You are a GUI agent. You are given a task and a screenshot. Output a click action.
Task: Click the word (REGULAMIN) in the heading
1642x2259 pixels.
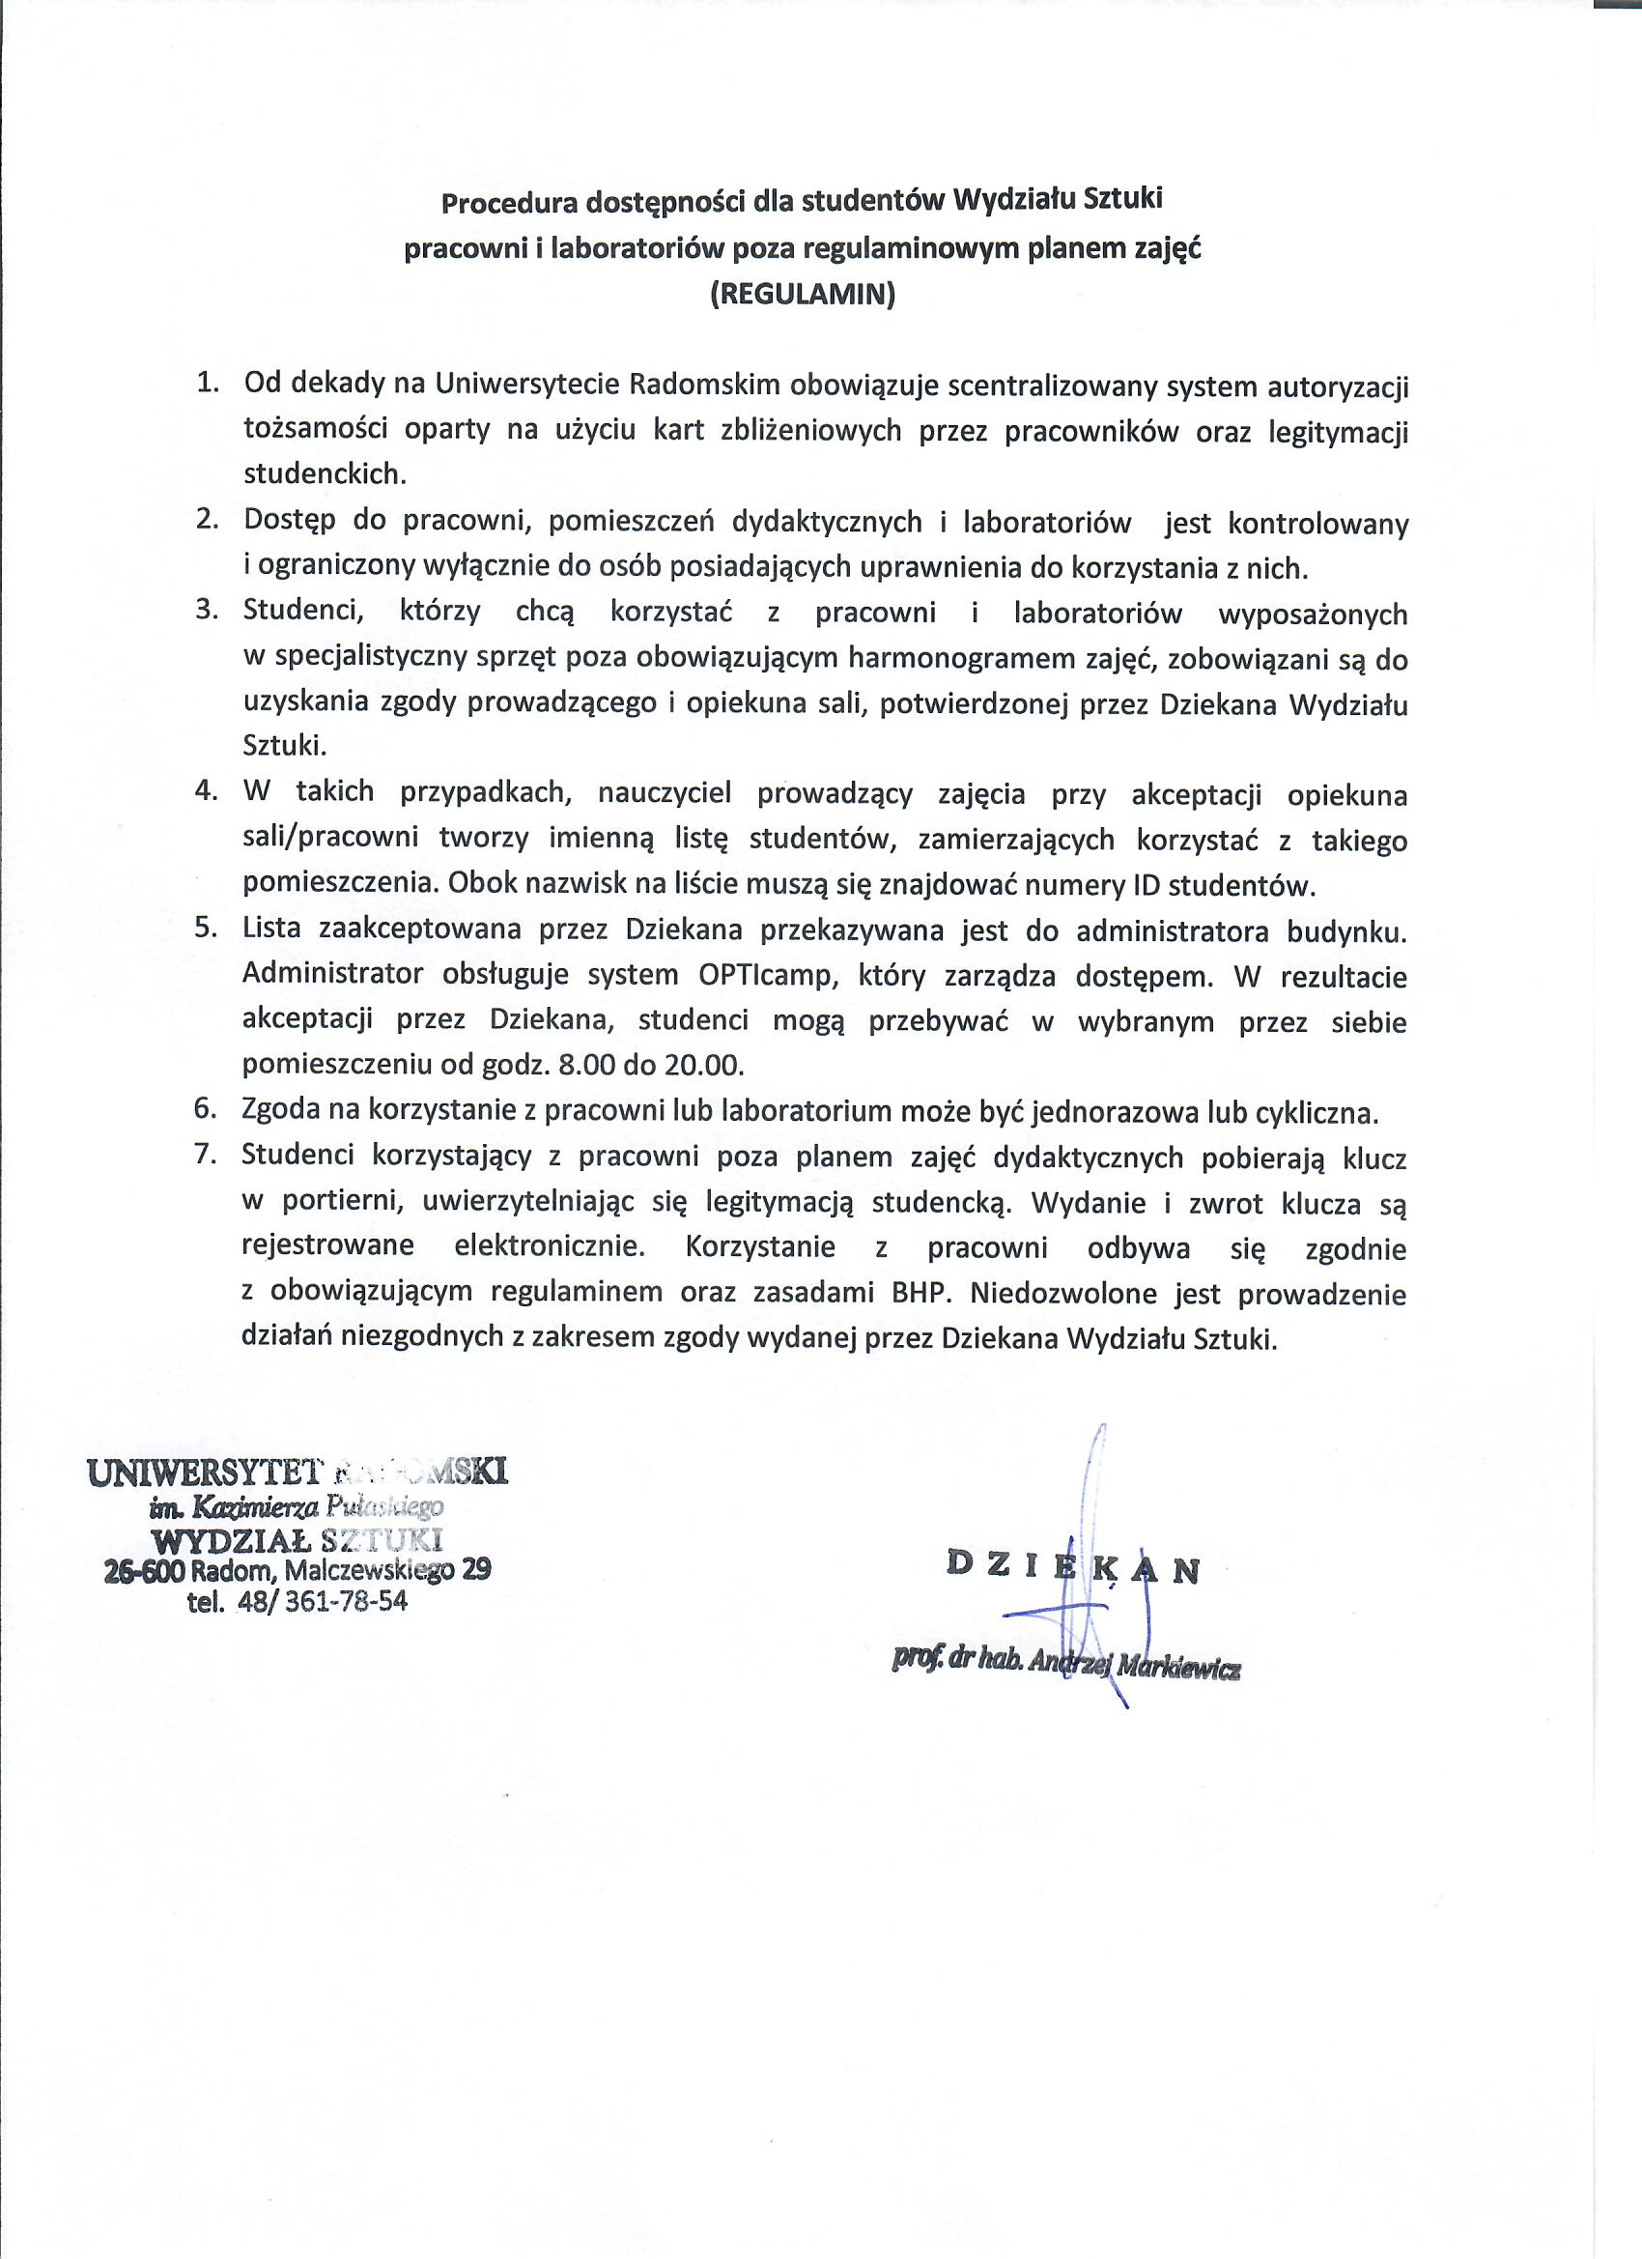803,295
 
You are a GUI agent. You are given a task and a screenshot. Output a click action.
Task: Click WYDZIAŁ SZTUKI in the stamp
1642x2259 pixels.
296,1540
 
